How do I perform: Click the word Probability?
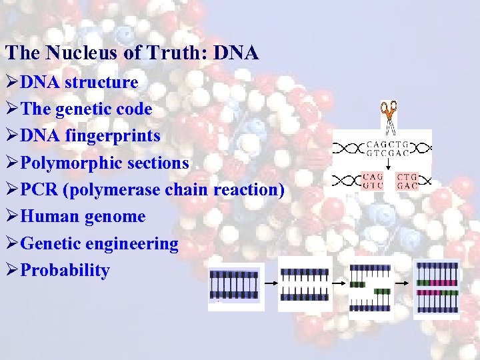tap(65, 271)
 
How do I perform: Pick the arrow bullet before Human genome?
tap(11, 217)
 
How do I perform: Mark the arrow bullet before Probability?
tap(11, 271)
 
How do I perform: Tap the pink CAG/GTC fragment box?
tap(373, 181)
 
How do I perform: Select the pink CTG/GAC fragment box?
tap(407, 181)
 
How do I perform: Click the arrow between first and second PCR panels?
tap(271, 283)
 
